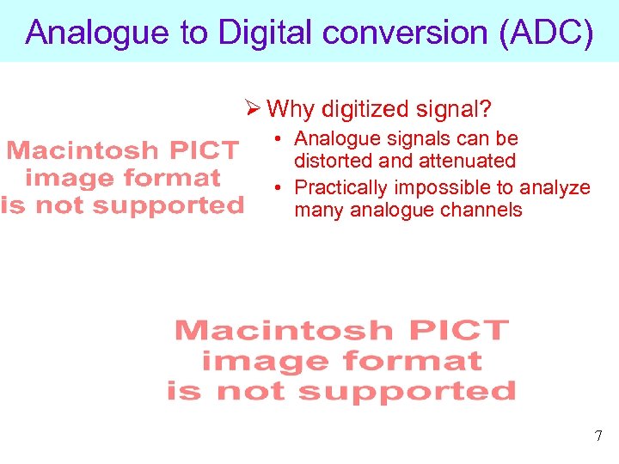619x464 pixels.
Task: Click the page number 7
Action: [598, 437]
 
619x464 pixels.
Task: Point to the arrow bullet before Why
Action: [252, 109]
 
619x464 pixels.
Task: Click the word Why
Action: [291, 109]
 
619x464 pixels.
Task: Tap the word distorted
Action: [331, 161]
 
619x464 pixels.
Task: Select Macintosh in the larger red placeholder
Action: [284, 330]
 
